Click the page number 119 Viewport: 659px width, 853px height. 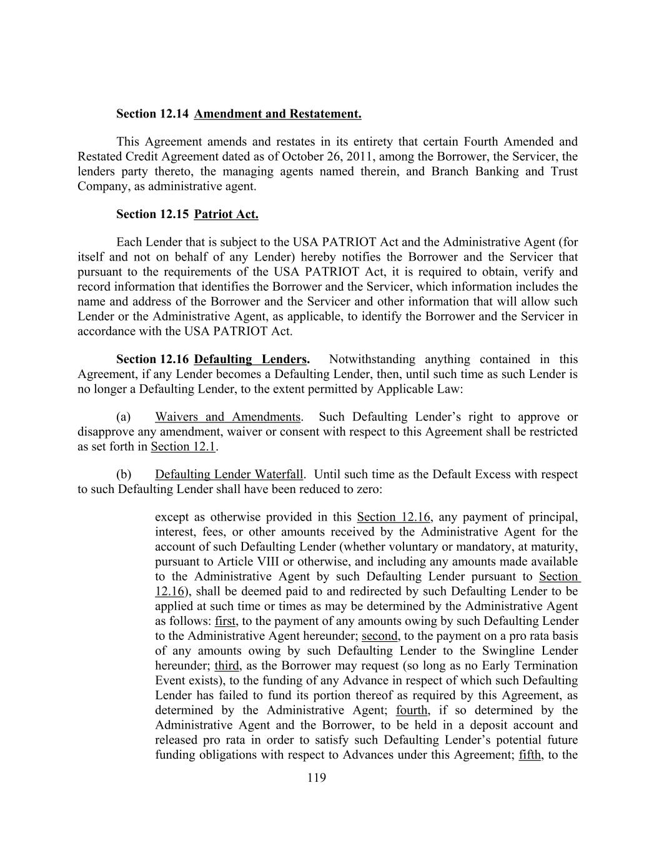[317, 778]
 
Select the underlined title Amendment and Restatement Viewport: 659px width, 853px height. [277, 114]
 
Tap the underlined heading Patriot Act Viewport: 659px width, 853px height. [226, 214]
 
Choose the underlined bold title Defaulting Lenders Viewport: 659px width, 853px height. [250, 359]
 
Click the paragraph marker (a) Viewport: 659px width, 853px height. [123, 417]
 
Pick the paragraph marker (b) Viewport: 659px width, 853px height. [124, 474]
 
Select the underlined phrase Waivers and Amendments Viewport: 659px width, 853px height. [227, 417]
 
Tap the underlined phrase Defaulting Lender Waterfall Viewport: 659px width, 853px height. [229, 474]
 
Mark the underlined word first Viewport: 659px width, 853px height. [225, 621]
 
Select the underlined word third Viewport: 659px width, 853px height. [227, 666]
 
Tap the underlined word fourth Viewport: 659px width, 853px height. [412, 711]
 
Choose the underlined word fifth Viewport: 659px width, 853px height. [530, 755]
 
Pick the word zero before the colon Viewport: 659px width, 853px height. [367, 489]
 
